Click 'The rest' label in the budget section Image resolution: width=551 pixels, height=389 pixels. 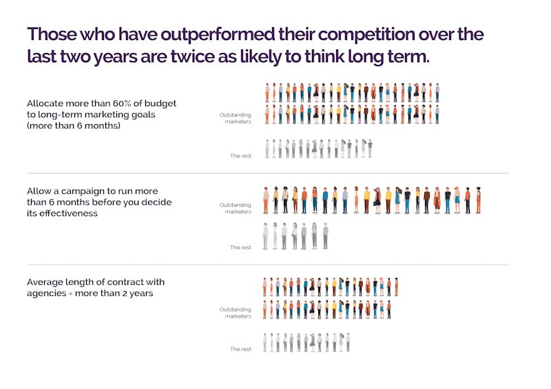point(240,156)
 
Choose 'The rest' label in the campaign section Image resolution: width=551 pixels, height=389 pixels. point(240,247)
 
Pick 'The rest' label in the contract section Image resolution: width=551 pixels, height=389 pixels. point(240,349)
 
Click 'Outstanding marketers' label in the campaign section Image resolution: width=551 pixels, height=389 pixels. point(236,208)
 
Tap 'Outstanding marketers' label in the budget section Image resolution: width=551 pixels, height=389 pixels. point(236,117)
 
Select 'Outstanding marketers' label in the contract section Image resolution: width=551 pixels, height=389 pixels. point(236,312)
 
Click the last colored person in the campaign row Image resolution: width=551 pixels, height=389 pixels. point(478,199)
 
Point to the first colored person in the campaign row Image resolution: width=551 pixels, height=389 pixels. point(266,199)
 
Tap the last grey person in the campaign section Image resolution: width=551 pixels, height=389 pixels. point(326,236)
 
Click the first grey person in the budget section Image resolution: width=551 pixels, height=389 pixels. point(267,148)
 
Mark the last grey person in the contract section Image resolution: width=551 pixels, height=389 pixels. point(348,342)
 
